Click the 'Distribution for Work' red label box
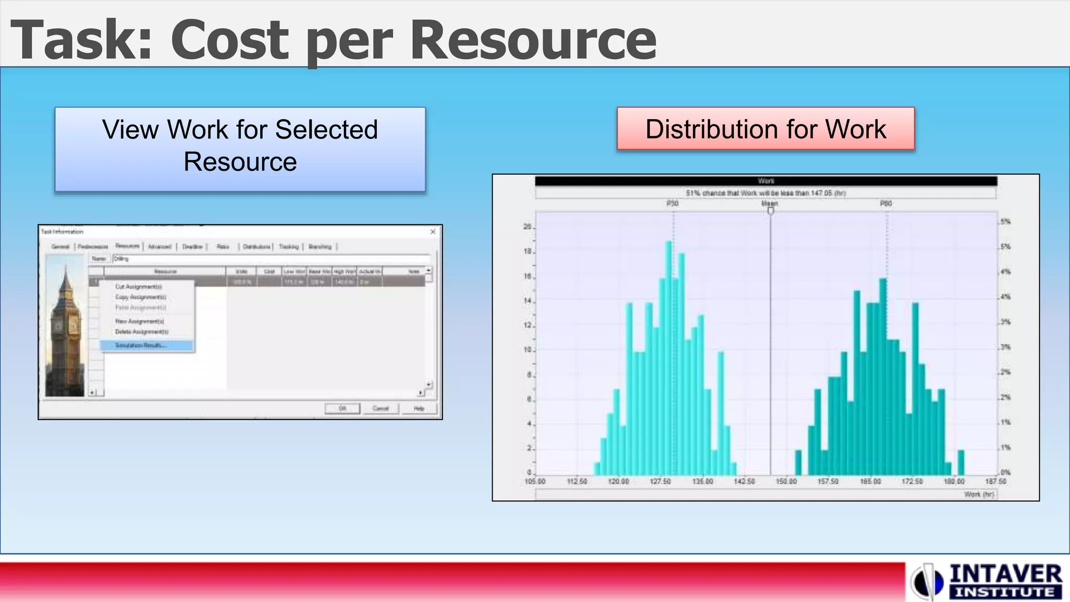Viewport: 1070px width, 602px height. (765, 129)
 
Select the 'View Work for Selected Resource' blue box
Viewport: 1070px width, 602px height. (240, 149)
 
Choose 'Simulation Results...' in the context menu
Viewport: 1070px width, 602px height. (146, 345)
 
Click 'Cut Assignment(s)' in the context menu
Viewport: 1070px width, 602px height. (138, 286)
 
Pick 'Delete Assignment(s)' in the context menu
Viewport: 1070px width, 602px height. (142, 332)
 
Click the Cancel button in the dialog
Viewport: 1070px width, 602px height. (380, 408)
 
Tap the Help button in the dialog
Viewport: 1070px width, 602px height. (419, 408)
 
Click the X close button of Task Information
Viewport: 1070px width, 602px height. (433, 231)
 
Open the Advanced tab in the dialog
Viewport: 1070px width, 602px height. (159, 247)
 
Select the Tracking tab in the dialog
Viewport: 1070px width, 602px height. (288, 247)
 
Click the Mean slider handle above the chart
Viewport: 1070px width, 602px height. (771, 211)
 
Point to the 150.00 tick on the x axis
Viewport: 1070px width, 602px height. (786, 481)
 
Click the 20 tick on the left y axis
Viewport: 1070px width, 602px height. (527, 227)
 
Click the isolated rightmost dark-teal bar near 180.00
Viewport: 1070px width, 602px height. (961, 462)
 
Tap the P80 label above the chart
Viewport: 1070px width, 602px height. (886, 203)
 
